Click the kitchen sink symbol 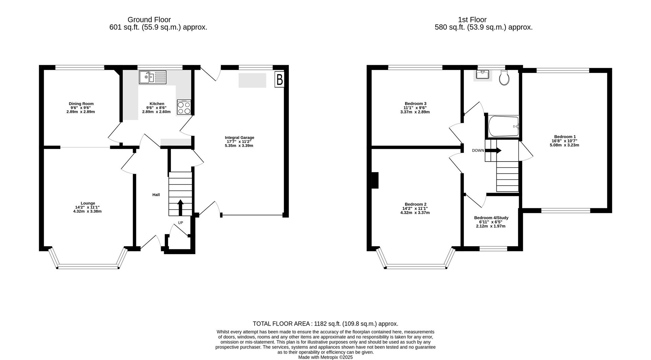click(153, 77)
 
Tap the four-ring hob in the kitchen click(184, 107)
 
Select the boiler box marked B click(279, 79)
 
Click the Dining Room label click(81, 104)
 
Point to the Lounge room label click(87, 203)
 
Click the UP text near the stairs click(180, 223)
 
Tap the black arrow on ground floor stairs click(180, 207)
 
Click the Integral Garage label click(239, 137)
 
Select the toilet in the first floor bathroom click(505, 78)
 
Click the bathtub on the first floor click(503, 127)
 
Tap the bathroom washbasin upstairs click(482, 75)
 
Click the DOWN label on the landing click(478, 150)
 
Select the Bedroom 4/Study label click(491, 218)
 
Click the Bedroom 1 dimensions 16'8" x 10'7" click(565, 141)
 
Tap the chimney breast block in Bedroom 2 click(375, 180)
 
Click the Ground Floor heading click(149, 20)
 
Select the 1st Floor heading click(472, 20)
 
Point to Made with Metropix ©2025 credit click(325, 357)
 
